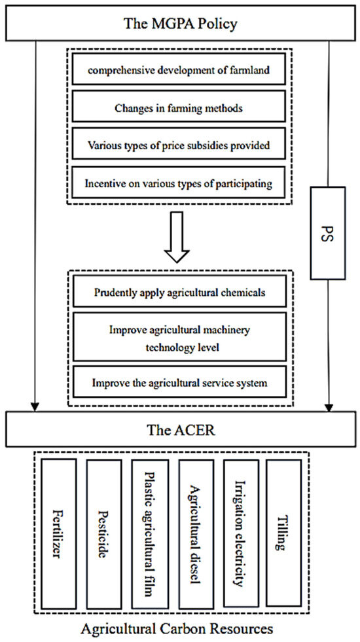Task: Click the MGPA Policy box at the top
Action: pos(180,24)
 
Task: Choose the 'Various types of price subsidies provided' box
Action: pos(180,143)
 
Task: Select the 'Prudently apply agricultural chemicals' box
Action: pos(180,293)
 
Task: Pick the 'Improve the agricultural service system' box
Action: pos(180,382)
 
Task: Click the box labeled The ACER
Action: pos(180,431)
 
